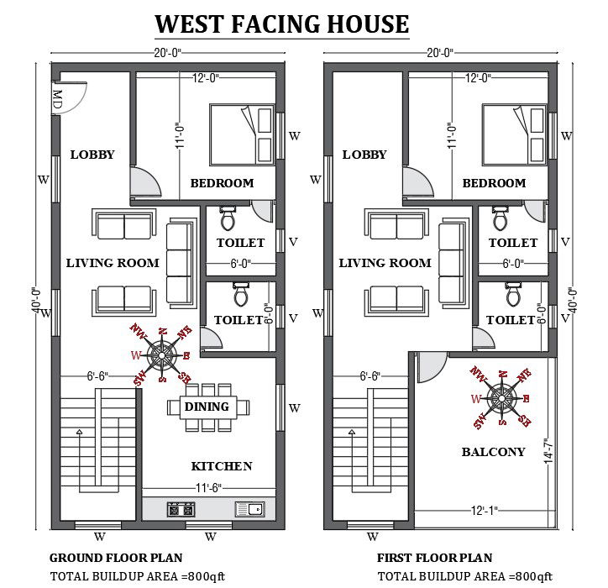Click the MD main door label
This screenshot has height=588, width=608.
(x=57, y=99)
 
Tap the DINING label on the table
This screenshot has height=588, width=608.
(x=207, y=407)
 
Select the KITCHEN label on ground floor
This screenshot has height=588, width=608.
(x=222, y=466)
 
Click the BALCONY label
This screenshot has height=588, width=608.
(x=493, y=452)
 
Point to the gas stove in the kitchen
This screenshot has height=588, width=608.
(x=181, y=509)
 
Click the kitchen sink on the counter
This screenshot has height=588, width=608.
(x=250, y=509)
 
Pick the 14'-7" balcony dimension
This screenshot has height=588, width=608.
(x=548, y=451)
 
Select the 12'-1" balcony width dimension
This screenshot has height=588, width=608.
(x=485, y=510)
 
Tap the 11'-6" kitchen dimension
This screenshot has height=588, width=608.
(x=208, y=487)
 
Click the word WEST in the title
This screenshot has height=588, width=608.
(x=189, y=24)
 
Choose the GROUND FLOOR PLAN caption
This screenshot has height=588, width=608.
(x=116, y=558)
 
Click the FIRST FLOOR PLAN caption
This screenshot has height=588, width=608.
(x=435, y=558)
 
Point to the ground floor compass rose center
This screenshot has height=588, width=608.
(x=161, y=354)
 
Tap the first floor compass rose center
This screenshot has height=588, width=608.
(x=501, y=398)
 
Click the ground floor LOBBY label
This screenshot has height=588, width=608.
(x=92, y=155)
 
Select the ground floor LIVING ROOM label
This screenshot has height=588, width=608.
(x=113, y=263)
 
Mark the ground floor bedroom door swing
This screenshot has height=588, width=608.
(x=145, y=181)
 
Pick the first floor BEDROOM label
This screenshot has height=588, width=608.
(x=495, y=182)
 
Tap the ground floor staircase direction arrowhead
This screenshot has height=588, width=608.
(x=80, y=432)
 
